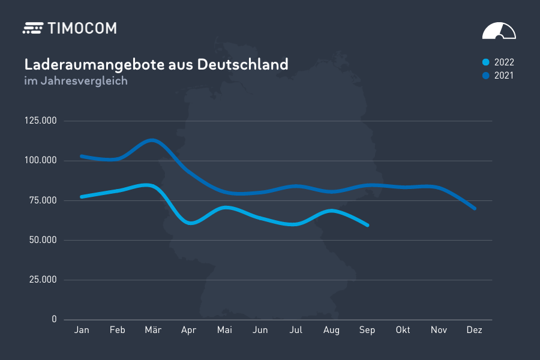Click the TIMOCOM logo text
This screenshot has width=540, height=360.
point(81,28)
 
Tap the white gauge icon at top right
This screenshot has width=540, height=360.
point(499,31)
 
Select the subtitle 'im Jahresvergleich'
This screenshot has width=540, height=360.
point(76,81)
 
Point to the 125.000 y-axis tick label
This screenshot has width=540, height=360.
point(40,121)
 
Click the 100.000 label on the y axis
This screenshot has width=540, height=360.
point(40,161)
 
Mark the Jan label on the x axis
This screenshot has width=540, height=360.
point(82,330)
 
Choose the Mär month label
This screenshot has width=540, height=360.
point(153,330)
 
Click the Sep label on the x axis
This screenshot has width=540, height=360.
point(367,330)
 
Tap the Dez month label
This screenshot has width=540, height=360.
point(475,330)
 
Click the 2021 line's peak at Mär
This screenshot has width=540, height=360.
point(152,140)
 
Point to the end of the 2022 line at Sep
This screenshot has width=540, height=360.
point(367,225)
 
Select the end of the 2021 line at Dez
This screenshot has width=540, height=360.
point(475,208)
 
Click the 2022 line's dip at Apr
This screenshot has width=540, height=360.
point(190,223)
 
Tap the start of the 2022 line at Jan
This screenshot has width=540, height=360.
point(82,197)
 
